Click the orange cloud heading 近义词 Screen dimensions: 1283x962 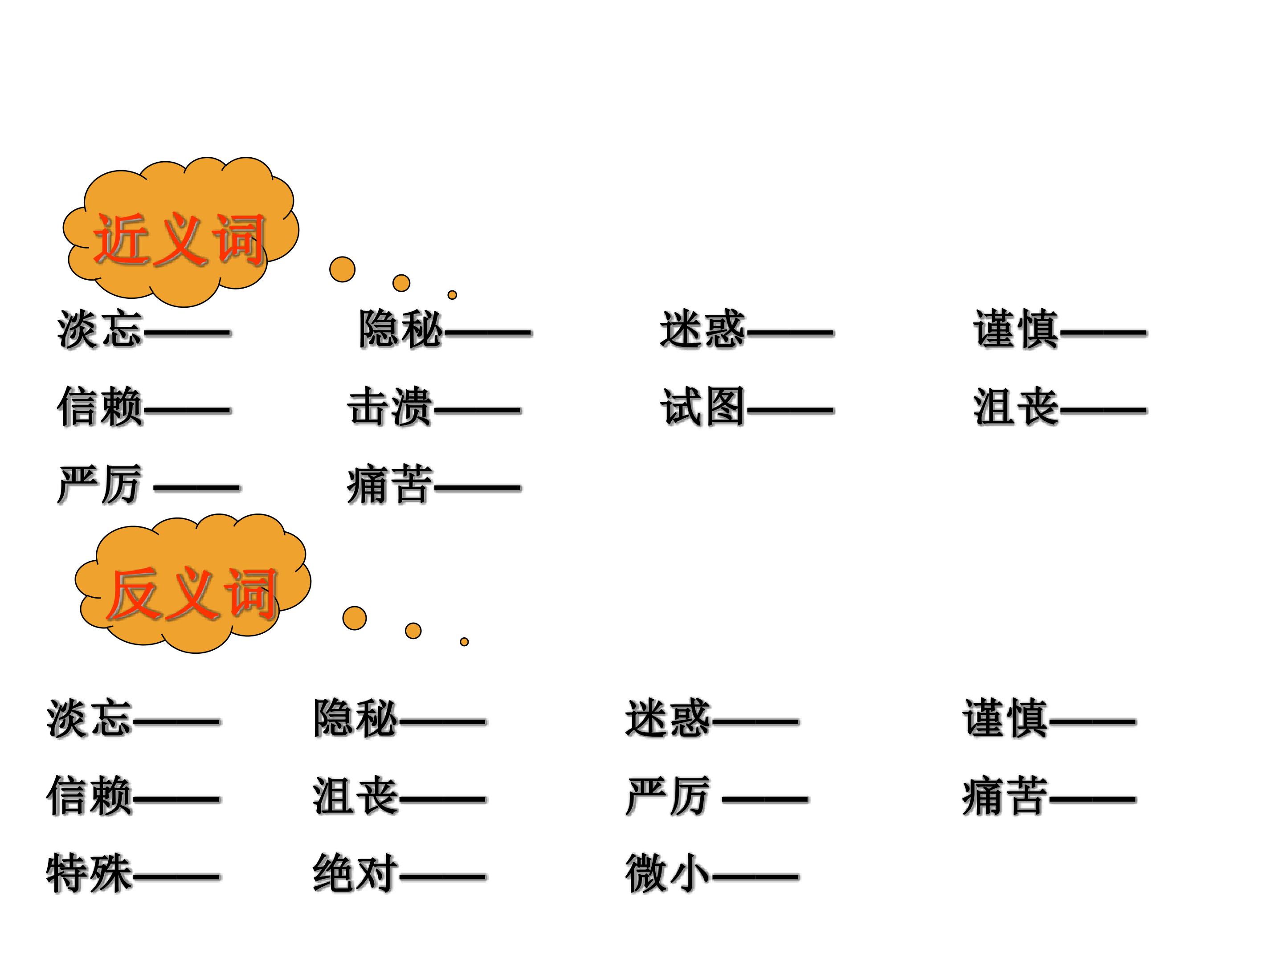pos(180,232)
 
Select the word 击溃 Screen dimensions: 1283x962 pos(390,407)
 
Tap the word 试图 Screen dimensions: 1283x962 pos(703,407)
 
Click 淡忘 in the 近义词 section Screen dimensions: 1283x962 pos(100,330)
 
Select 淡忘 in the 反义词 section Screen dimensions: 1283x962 pos(90,718)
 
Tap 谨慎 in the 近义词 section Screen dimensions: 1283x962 pos(1016,330)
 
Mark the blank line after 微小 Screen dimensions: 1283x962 pos(756,876)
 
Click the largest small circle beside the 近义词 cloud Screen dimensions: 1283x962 pos(342,269)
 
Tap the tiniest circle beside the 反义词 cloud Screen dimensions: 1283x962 pos(464,642)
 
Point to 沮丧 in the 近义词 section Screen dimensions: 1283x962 pos(1016,407)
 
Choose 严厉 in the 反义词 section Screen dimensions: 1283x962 pos(668,796)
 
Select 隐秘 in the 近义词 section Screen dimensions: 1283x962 pos(401,330)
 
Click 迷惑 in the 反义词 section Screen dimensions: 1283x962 pos(668,718)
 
